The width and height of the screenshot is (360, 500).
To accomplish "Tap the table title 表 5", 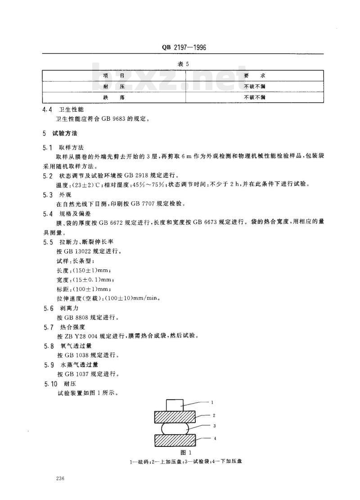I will pos(183,64).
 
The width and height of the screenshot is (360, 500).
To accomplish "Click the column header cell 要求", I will pos(254,75).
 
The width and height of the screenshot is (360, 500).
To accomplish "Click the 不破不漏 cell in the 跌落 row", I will pos(254,97).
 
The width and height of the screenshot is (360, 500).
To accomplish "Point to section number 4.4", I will pos(47,109).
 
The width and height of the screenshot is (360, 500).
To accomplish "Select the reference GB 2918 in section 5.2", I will pos(137,175).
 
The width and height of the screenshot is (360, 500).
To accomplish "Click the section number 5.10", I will pos(50,383).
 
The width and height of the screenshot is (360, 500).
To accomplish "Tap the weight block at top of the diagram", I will pos(175,405).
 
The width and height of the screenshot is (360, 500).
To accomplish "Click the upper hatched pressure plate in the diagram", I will pos(175,417).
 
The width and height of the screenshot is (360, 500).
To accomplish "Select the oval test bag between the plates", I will pos(175,428).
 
